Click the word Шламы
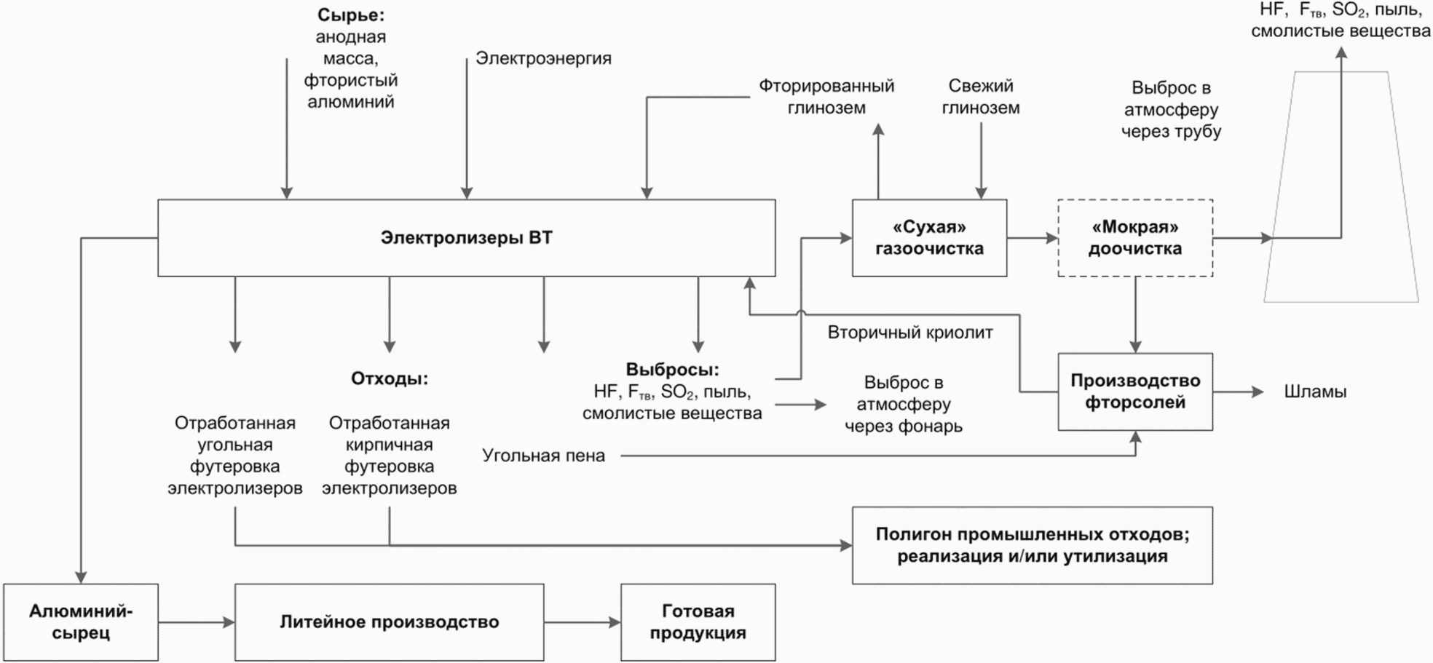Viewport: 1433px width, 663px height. click(x=1315, y=392)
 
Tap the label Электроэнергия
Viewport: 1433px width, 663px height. click(x=543, y=58)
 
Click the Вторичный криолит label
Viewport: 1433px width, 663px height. click(x=910, y=333)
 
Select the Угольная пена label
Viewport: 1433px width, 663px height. click(x=543, y=456)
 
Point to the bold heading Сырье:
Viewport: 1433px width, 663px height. click(x=351, y=15)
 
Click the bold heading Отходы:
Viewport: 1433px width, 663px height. click(x=390, y=378)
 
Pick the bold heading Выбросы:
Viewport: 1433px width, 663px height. click(x=672, y=369)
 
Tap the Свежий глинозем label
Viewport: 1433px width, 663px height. click(x=981, y=97)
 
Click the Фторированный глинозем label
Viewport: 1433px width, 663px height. click(x=826, y=97)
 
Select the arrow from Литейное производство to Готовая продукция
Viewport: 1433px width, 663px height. click(x=583, y=622)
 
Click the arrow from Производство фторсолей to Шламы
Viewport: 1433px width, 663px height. click(x=1239, y=392)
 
